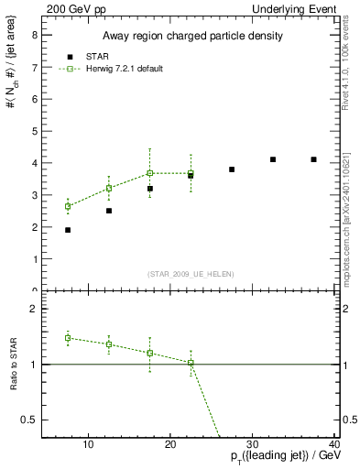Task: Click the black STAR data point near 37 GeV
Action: (313, 159)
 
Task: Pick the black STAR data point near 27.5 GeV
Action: (232, 169)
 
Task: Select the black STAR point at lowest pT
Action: (68, 230)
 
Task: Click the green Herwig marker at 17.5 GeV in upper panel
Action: (149, 173)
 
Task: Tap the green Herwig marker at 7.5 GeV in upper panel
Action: (68, 206)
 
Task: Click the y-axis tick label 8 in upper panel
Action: (34, 37)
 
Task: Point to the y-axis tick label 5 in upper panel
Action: (34, 132)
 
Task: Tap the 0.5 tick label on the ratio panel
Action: (29, 420)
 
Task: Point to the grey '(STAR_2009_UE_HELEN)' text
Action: (190, 274)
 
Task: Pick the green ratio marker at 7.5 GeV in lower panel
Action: (68, 338)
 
